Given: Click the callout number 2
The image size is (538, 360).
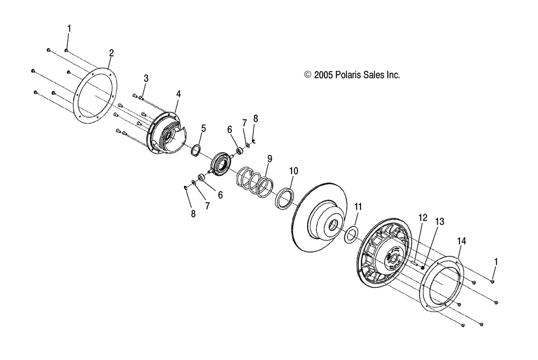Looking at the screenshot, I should point(111,53).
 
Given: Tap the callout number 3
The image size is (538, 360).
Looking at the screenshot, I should point(146,79).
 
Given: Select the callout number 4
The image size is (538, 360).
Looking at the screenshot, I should point(178,94).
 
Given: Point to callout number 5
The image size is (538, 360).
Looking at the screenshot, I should point(203,128).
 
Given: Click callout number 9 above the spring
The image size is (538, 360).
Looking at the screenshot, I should point(270,159).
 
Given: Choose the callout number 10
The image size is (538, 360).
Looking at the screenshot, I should point(293,172).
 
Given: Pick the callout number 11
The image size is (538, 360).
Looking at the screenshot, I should point(358,206).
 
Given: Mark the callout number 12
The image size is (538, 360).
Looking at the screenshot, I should point(422,217).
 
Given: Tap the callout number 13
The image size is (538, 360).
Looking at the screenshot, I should point(440,222).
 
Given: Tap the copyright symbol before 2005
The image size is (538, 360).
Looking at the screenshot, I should point(308,76).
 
